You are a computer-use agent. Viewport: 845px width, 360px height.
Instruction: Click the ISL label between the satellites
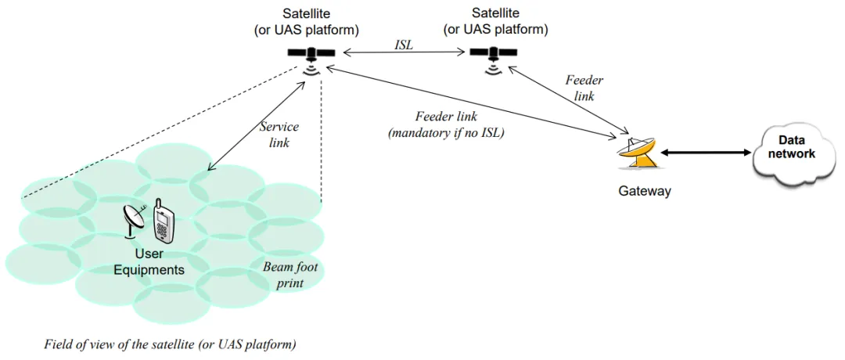point(403,46)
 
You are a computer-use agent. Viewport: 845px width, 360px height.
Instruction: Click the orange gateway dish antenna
point(639,153)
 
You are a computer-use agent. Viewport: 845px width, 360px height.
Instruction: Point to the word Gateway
point(644,191)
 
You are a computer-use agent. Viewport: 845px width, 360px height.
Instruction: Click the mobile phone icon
point(164,221)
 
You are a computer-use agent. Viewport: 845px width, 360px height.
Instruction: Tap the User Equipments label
point(148,261)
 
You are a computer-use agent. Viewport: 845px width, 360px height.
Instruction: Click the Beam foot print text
point(289,275)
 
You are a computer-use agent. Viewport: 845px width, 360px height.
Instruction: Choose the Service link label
point(279,135)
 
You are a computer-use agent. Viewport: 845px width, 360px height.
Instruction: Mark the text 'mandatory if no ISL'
point(446,132)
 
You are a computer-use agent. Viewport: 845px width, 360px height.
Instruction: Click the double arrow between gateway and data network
point(706,153)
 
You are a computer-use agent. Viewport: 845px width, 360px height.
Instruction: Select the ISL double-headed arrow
point(405,52)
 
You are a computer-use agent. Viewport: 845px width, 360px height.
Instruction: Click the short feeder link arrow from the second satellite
point(567,99)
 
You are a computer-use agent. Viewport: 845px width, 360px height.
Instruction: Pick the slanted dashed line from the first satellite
point(160,132)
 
